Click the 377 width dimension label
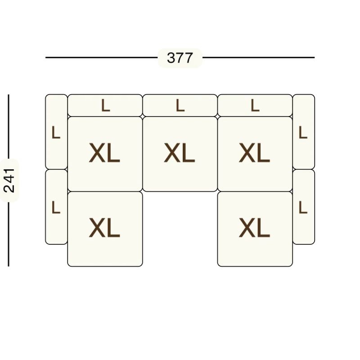[x=180, y=58]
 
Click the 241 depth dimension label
[x=9, y=180]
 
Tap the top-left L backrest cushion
[x=105, y=105]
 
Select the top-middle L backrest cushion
[x=180, y=105]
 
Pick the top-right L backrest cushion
[x=255, y=105]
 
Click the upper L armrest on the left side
[x=56, y=132]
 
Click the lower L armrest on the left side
[x=56, y=207]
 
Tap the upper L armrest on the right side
[x=303, y=132]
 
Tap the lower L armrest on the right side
[x=303, y=207]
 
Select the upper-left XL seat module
[x=105, y=154]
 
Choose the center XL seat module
[x=180, y=154]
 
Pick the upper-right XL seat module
[x=255, y=154]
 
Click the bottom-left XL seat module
[x=105, y=229]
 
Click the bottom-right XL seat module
[x=255, y=229]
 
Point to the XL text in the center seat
[x=179, y=153]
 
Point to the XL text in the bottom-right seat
[x=254, y=228]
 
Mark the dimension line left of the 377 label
[x=102, y=58]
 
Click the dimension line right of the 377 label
[x=258, y=58]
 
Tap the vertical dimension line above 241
[x=9, y=126]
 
